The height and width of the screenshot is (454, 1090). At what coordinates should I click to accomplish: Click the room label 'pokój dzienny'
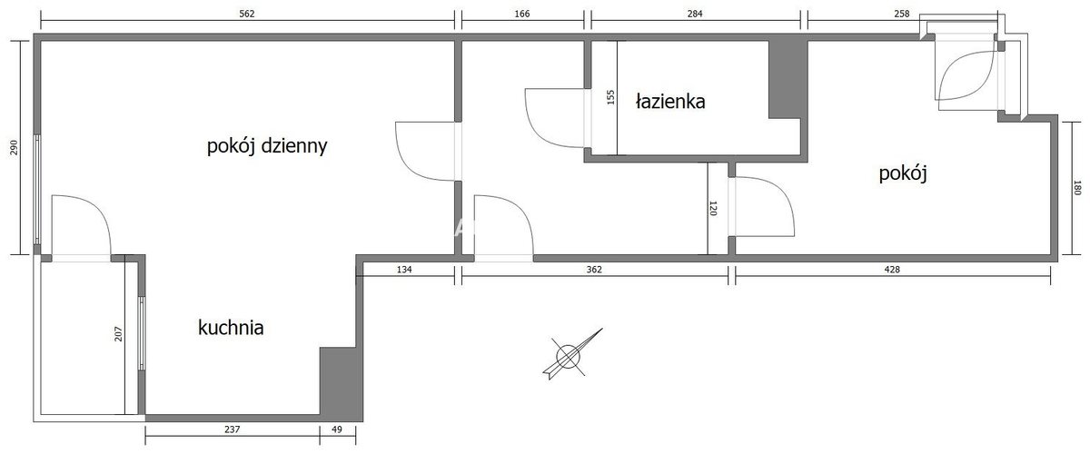267,146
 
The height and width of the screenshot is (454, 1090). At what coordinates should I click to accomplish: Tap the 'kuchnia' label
231,328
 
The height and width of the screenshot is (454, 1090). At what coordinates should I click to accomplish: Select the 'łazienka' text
670,101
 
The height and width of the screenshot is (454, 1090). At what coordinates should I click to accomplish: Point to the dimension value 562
247,14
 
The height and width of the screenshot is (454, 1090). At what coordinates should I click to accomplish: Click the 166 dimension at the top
521,14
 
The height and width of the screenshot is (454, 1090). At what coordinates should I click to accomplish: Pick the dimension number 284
695,14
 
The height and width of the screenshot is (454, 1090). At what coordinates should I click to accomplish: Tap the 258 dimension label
902,14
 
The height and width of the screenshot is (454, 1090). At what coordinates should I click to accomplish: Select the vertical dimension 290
14,147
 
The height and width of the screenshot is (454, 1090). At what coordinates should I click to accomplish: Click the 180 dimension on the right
1077,188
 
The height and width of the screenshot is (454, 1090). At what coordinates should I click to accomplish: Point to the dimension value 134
404,269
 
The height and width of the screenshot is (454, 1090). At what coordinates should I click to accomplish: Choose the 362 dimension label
594,269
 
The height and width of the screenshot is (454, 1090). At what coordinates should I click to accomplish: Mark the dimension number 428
892,269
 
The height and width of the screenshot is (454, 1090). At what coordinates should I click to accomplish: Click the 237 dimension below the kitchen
233,429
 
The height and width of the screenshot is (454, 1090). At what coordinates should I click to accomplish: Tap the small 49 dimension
337,429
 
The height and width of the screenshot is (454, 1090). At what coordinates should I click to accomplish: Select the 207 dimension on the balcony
119,333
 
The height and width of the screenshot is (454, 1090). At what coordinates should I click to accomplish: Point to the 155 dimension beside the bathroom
611,97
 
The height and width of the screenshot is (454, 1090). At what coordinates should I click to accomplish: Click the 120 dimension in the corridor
713,208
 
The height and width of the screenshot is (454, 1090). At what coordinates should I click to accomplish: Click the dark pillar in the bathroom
788,79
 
